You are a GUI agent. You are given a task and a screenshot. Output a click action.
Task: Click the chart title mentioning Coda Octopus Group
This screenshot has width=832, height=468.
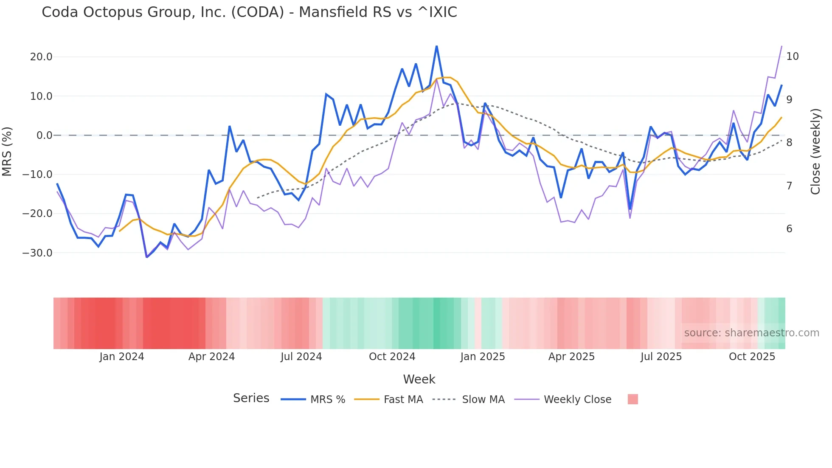coord(249,12)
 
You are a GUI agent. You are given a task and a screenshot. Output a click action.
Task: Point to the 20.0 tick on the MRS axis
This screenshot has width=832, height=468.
coord(41,57)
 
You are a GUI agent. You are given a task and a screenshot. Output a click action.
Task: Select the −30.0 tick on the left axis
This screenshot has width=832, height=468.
coord(37,253)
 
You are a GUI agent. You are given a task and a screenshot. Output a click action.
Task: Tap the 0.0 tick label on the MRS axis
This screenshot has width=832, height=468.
coord(44,135)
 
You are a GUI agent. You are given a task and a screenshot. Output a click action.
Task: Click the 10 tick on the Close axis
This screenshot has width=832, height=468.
coord(792,56)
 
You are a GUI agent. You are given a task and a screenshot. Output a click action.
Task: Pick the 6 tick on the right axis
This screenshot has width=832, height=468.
coord(789,229)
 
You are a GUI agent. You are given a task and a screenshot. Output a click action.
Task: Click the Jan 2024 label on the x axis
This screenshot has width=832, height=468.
coord(122,357)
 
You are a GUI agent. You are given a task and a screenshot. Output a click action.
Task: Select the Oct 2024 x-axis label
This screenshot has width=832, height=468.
coord(392,357)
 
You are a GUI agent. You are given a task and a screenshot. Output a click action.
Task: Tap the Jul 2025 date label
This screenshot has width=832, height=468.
coord(661,357)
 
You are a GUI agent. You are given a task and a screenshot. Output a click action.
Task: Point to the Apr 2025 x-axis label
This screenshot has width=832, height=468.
coord(571,357)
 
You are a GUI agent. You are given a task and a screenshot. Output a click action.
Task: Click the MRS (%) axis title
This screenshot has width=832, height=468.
coord(7,152)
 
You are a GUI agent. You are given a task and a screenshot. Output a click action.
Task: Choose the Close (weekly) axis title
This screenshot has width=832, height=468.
coord(815,152)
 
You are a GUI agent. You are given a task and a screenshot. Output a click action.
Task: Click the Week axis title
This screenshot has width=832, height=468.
coord(419,379)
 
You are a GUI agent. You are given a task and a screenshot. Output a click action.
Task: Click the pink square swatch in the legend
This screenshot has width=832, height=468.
coord(632,399)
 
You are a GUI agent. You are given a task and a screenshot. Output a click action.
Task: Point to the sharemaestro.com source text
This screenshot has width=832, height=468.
coord(751,333)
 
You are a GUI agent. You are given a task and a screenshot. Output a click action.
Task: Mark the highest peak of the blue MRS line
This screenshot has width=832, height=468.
coord(436,46)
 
